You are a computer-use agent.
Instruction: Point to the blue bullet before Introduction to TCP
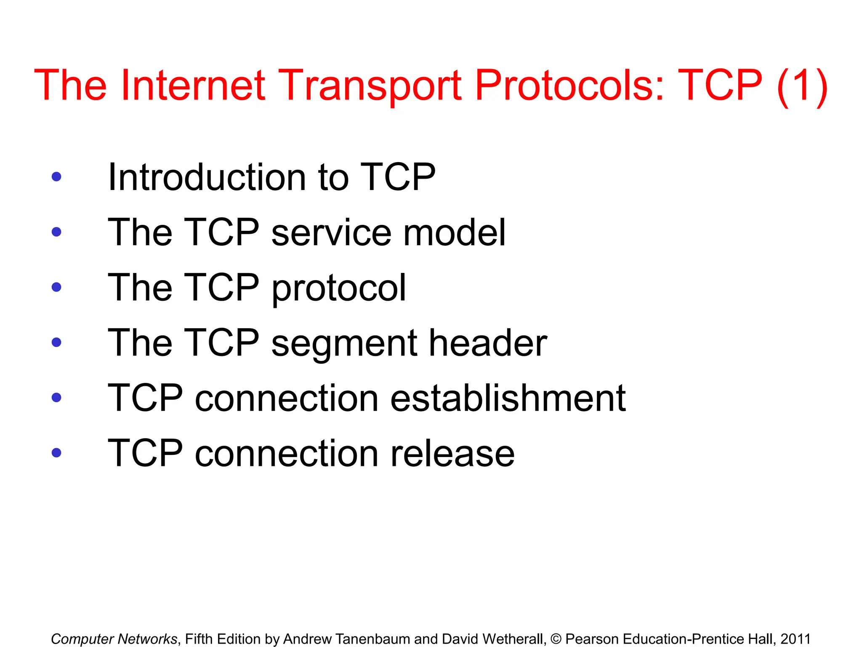click(x=56, y=177)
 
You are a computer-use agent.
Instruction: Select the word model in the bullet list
click(x=454, y=233)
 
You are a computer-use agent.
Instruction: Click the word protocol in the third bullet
click(x=339, y=288)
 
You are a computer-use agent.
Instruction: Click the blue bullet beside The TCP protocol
click(x=56, y=287)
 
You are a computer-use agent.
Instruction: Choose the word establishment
click(x=508, y=398)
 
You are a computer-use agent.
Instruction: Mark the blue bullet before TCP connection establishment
click(x=56, y=398)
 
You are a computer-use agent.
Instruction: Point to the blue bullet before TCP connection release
click(x=56, y=453)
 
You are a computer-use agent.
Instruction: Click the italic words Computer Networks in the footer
click(x=114, y=639)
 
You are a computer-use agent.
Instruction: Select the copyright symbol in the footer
click(x=556, y=639)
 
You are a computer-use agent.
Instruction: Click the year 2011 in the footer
click(x=795, y=639)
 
